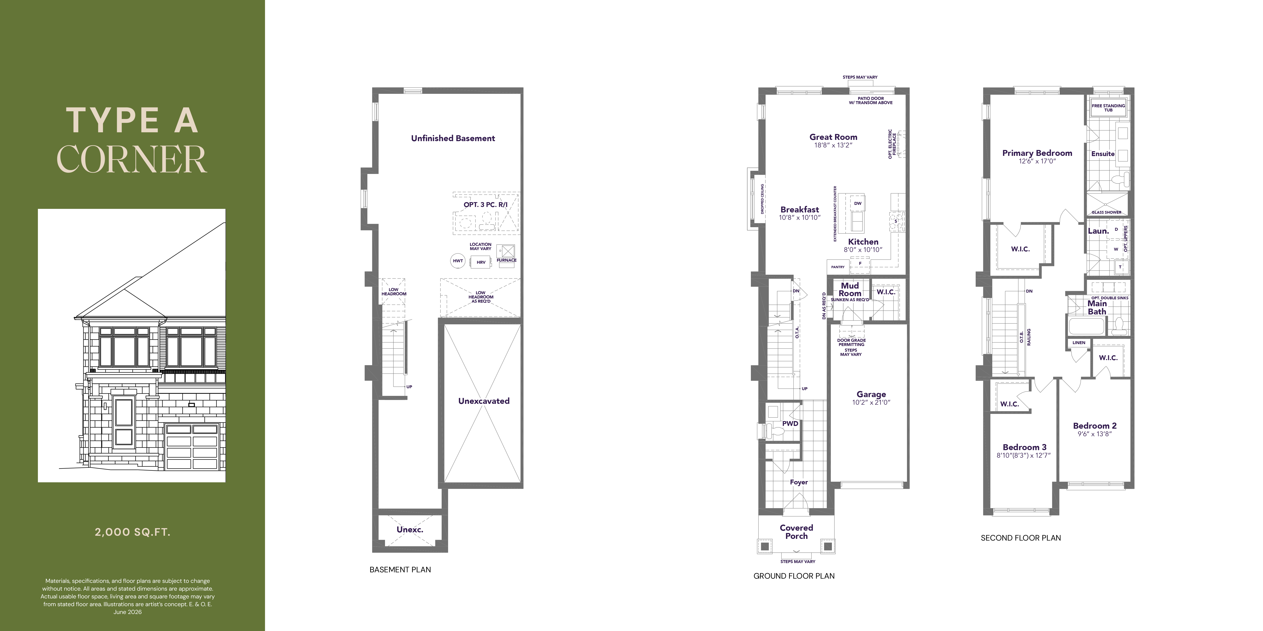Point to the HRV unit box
coord(481,262)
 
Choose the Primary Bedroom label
coord(1037,153)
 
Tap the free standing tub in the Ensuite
coord(1108,108)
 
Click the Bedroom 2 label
coord(1095,426)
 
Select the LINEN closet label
coord(1079,342)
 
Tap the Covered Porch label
coord(796,532)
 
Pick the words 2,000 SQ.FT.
coord(132,532)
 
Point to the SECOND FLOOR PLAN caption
coord(1021,538)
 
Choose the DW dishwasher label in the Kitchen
coord(858,203)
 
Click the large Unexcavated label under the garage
coord(484,401)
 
